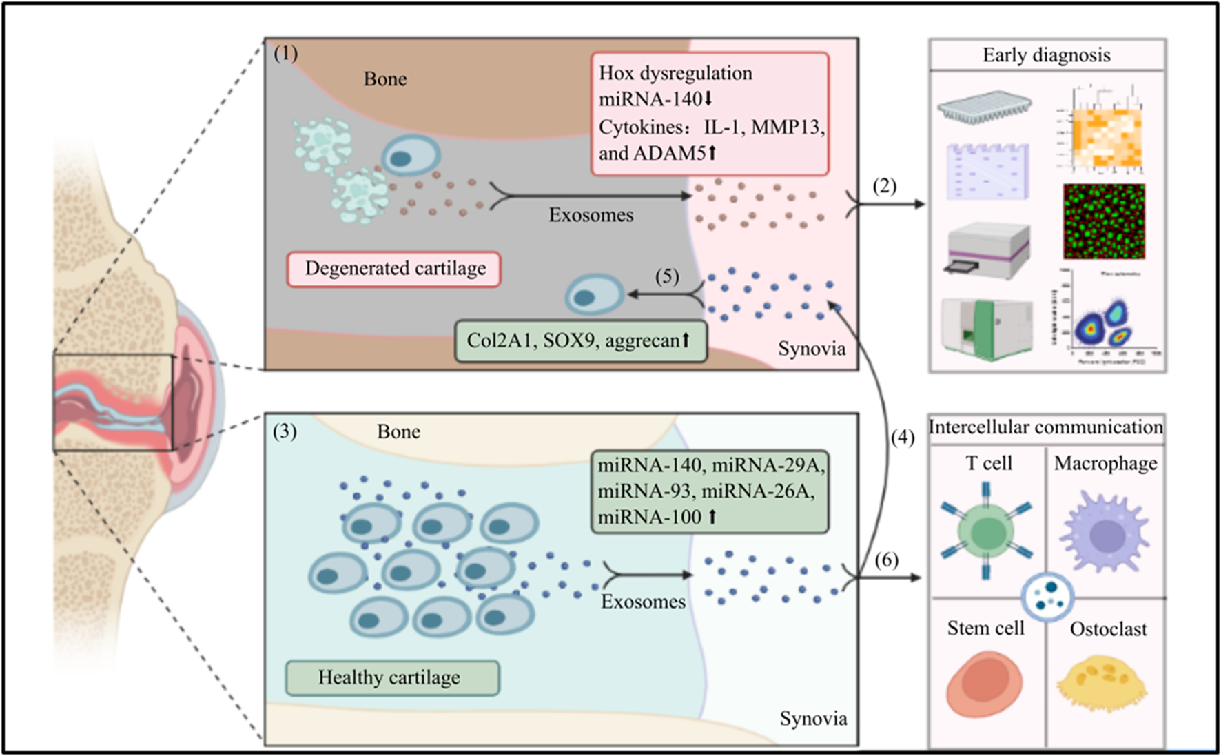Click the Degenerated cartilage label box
[393, 269]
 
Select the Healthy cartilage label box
[392, 678]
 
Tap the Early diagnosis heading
[1046, 55]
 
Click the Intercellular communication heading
[1046, 427]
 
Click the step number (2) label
[885, 186]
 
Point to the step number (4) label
[902, 437]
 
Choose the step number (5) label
[666, 276]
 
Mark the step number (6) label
[886, 560]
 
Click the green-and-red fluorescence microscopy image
[1104, 221]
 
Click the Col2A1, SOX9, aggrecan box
[580, 340]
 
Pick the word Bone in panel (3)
[398, 432]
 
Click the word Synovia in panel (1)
[812, 349]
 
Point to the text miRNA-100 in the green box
[649, 517]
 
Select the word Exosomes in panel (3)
[643, 602]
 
